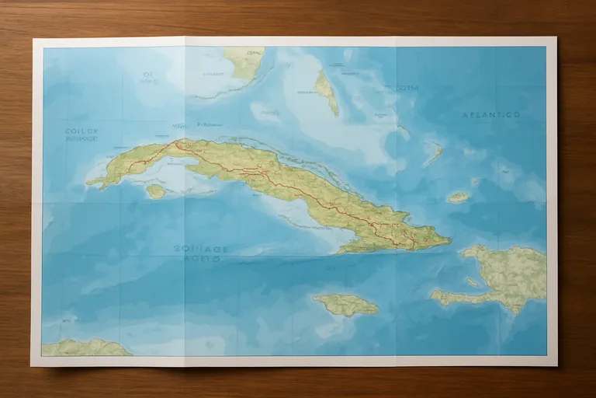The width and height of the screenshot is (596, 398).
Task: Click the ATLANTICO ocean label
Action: [491, 114]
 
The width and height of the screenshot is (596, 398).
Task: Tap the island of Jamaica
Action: [346, 304]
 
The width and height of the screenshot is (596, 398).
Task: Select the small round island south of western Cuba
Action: [155, 190]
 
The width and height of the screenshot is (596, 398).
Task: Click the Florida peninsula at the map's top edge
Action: [245, 61]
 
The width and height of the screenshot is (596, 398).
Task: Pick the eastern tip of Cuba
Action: [449, 241]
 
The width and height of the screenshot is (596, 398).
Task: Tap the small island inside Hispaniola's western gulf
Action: [473, 282]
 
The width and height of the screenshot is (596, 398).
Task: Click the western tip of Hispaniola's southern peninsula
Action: [435, 295]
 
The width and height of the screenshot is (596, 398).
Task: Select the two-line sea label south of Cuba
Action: [201, 254]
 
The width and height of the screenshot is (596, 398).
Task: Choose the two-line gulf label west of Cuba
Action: [81, 136]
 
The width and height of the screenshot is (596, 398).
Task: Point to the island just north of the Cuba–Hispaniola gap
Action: [458, 197]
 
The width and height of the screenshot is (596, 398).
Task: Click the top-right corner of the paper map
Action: [556, 37]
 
